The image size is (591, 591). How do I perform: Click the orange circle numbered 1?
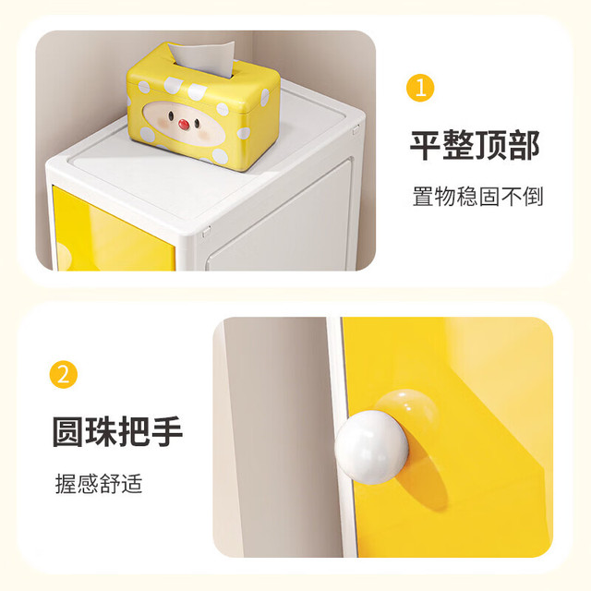pyautogui.click(x=420, y=88)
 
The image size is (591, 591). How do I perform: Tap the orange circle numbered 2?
pyautogui.click(x=64, y=375)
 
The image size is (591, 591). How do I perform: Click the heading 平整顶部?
pyautogui.click(x=475, y=145)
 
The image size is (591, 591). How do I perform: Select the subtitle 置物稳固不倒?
pyautogui.click(x=478, y=196)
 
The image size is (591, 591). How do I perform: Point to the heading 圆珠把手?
pyautogui.click(x=117, y=431)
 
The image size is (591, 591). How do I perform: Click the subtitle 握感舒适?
pyautogui.click(x=99, y=484)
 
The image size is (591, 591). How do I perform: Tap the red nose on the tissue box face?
pyautogui.click(x=184, y=124)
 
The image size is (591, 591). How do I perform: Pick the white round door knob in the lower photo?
pyautogui.click(x=371, y=447)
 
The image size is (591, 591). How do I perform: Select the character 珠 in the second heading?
pyautogui.click(x=101, y=431)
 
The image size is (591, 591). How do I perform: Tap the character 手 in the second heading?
pyautogui.click(x=167, y=431)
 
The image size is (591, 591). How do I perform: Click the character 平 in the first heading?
pyautogui.click(x=426, y=145)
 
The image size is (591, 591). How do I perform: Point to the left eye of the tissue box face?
pyautogui.click(x=170, y=115)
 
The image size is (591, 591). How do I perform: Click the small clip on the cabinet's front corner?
pyautogui.click(x=206, y=232)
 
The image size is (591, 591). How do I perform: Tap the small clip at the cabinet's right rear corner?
pyautogui.click(x=356, y=129)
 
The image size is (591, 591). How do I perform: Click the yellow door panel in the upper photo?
pyautogui.click(x=113, y=231)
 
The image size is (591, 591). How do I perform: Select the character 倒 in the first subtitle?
pyautogui.click(x=533, y=196)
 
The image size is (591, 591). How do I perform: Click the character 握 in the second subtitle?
pyautogui.click(x=66, y=484)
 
